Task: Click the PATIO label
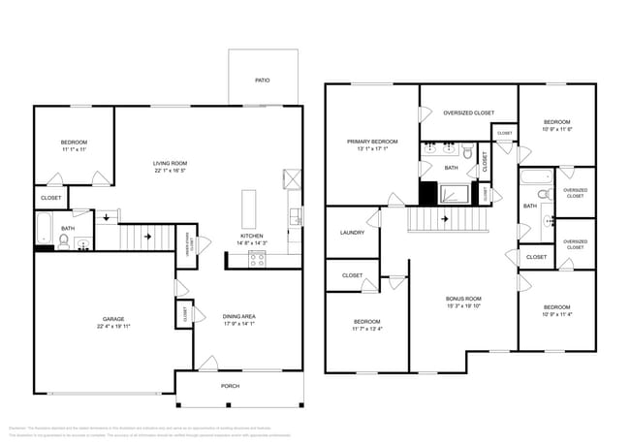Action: tap(262, 80)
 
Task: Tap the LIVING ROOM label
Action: tap(170, 163)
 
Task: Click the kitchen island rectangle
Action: tap(248, 208)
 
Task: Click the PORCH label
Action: tap(230, 386)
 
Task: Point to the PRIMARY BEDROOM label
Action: tap(372, 142)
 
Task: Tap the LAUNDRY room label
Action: tap(352, 233)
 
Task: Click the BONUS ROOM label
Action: tap(463, 298)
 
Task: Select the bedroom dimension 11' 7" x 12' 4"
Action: tap(366, 329)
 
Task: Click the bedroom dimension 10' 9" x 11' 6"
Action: tap(557, 129)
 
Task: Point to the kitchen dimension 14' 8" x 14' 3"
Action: tap(252, 242)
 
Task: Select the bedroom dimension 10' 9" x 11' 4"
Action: tap(557, 314)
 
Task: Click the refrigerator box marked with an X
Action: tap(291, 177)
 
